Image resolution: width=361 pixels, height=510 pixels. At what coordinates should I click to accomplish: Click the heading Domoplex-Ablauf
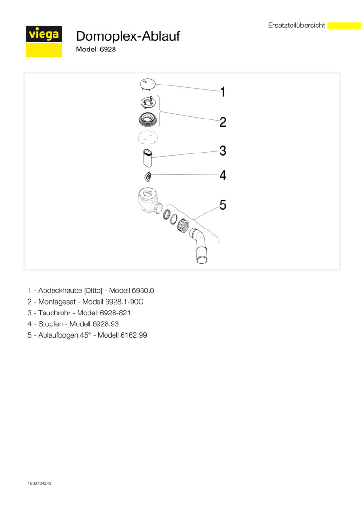point(128,36)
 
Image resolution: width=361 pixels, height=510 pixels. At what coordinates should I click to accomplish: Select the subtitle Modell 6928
point(96,49)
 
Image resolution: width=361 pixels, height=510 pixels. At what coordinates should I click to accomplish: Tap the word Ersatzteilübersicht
point(296,25)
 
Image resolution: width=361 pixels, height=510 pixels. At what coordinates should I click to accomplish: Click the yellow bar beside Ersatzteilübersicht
point(344,25)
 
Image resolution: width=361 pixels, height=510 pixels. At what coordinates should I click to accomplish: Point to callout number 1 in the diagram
point(223,92)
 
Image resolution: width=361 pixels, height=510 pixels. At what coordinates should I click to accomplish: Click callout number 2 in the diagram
point(223,122)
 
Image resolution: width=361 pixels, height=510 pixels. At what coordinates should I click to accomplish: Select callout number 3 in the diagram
point(223,151)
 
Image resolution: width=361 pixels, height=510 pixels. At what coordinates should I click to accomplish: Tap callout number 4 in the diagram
point(223,176)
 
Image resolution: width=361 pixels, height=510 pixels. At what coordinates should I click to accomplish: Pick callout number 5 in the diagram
point(223,205)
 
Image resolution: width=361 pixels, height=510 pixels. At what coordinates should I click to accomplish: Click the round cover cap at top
point(148,85)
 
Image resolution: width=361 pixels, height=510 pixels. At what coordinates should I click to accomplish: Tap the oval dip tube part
point(148,158)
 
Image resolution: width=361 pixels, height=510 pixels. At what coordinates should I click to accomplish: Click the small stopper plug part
point(148,176)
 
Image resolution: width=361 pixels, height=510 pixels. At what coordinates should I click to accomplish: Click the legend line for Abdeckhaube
point(90,290)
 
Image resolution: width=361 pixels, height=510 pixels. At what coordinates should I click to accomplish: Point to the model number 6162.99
point(137,336)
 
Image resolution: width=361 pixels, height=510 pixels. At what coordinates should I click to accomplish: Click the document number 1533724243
point(40,484)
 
